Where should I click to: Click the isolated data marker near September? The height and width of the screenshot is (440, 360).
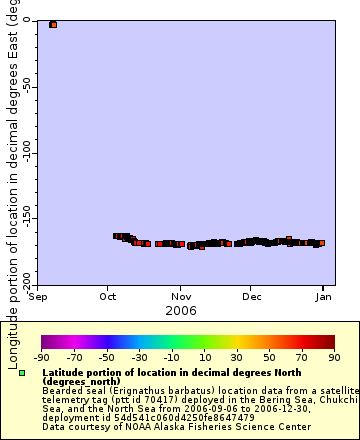(53, 24)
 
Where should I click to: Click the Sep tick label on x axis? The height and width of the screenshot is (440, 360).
(39, 296)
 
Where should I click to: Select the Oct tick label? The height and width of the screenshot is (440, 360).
(109, 296)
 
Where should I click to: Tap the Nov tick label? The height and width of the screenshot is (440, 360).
(181, 296)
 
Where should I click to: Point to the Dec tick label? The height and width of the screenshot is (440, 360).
(252, 296)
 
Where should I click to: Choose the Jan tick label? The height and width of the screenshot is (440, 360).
(324, 296)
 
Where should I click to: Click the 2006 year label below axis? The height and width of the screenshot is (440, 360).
(181, 310)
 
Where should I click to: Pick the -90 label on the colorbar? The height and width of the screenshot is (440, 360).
(41, 357)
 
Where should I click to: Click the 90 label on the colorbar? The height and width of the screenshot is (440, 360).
(334, 357)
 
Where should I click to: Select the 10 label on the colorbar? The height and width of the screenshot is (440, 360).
(204, 357)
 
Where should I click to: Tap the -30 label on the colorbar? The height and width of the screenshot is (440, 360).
(139, 357)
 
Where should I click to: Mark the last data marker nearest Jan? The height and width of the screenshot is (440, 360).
(320, 243)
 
